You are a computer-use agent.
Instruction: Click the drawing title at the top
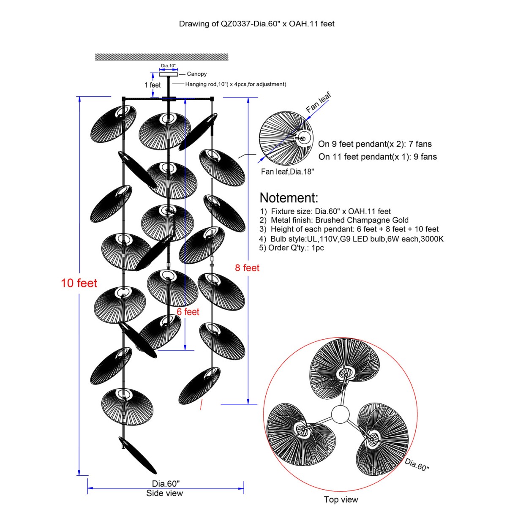[256, 24]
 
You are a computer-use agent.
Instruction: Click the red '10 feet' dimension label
[79, 283]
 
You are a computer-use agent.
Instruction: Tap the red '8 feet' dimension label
[247, 268]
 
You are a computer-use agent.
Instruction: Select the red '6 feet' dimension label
[188, 312]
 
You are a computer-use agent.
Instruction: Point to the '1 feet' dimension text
[153, 85]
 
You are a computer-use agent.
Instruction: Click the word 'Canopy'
[197, 74]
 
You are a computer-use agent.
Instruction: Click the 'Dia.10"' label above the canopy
[168, 66]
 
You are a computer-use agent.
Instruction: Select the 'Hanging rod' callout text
[235, 84]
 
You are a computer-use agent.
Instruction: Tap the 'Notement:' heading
[289, 198]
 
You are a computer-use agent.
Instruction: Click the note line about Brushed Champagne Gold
[334, 220]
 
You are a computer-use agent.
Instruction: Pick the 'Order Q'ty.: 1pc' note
[292, 248]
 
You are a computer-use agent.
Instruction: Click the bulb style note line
[352, 239]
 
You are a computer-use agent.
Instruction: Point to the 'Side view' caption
[165, 493]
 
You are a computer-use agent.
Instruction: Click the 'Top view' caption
[341, 500]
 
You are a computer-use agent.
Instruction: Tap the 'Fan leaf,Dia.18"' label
[287, 172]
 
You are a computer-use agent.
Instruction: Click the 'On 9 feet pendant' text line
[375, 144]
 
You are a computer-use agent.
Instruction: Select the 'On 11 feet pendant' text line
[378, 157]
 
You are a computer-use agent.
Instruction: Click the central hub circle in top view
[341, 414]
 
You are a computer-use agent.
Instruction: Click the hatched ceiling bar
[162, 57]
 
